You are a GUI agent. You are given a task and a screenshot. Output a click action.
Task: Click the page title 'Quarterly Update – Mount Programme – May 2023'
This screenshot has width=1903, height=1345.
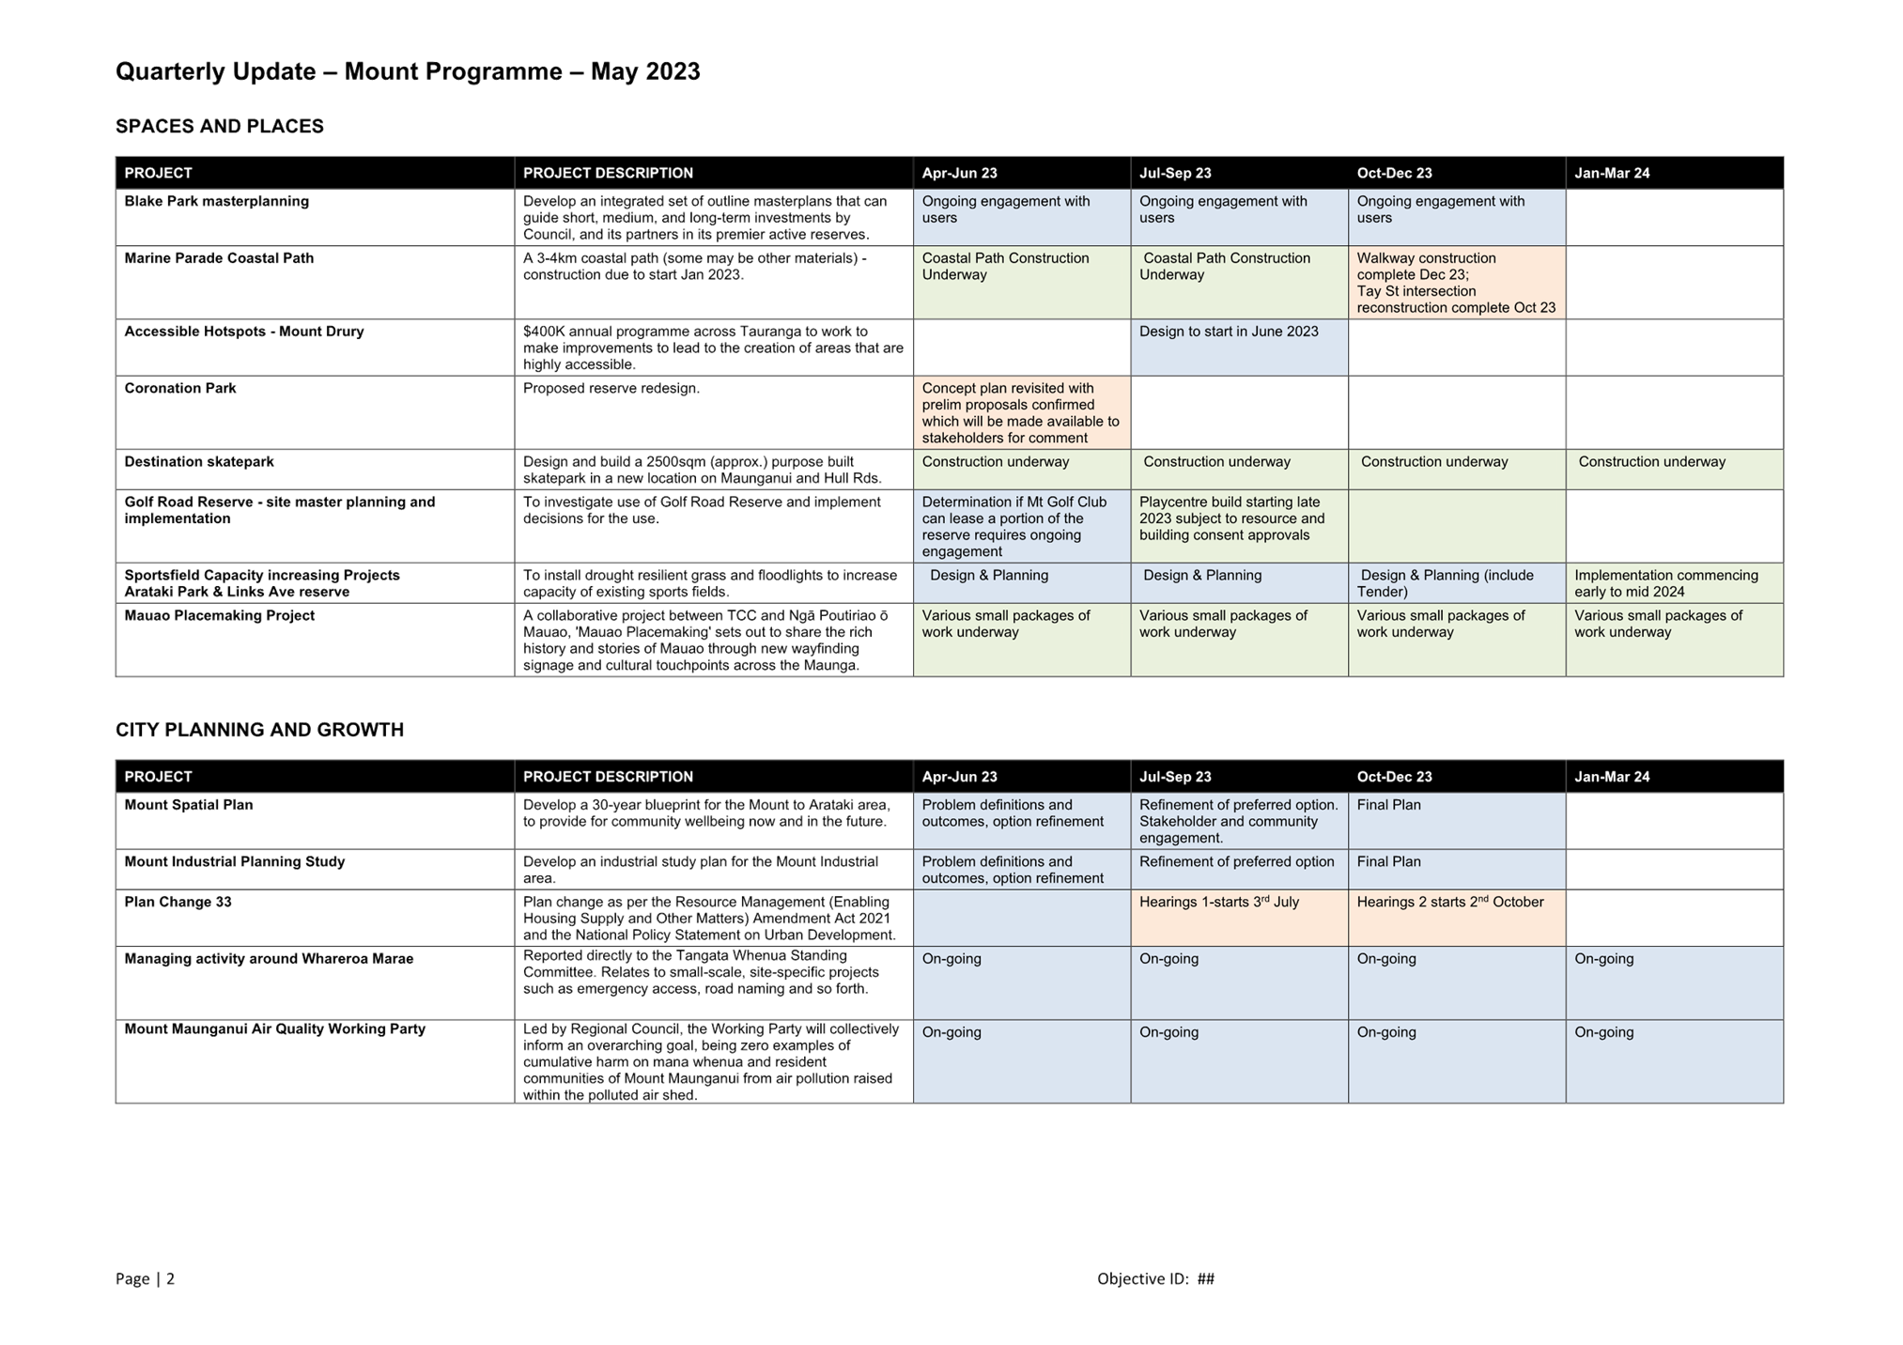(x=408, y=71)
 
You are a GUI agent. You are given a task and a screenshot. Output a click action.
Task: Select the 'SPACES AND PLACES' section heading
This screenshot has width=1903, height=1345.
(x=220, y=126)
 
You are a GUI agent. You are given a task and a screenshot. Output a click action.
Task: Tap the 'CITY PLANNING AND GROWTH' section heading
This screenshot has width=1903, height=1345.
(x=259, y=730)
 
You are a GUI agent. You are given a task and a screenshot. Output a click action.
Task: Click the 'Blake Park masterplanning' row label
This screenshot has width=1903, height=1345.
(x=217, y=201)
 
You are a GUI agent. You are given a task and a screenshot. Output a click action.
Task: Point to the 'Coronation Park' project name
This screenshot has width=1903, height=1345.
(x=180, y=388)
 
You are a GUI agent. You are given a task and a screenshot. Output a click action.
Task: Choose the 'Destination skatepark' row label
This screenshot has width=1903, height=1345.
(x=199, y=461)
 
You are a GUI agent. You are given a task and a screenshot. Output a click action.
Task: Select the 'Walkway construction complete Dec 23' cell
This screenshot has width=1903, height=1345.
(x=1456, y=283)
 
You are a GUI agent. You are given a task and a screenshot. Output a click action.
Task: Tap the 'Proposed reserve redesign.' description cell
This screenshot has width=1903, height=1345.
(x=611, y=388)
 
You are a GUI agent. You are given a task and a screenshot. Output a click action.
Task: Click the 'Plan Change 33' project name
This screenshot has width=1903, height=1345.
(x=178, y=902)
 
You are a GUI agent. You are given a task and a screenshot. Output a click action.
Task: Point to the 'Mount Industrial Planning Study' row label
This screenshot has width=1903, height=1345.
(x=235, y=861)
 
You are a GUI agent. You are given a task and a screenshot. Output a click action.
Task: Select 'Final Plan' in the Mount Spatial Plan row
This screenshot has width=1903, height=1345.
(x=1388, y=805)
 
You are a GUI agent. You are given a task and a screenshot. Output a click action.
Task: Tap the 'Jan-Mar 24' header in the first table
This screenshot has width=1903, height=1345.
(x=1612, y=173)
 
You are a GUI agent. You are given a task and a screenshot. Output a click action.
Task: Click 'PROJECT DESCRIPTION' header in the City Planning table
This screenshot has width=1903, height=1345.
(x=608, y=777)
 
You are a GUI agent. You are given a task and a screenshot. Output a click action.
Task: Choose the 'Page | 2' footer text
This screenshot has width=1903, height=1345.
(x=145, y=1278)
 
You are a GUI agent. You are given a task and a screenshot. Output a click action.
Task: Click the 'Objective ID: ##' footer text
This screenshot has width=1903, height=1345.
(x=1155, y=1278)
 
